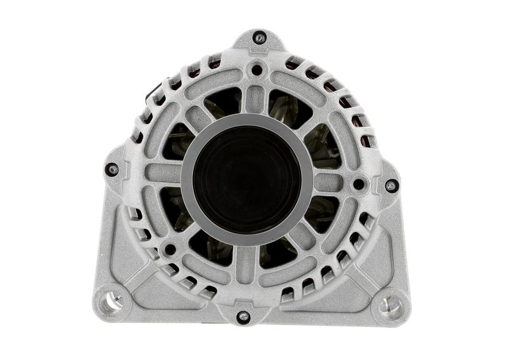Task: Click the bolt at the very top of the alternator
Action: tap(259, 38)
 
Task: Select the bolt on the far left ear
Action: tap(112, 169)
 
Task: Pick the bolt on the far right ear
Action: tap(391, 186)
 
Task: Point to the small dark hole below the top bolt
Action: tap(256, 69)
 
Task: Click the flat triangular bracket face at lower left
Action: tap(127, 254)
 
